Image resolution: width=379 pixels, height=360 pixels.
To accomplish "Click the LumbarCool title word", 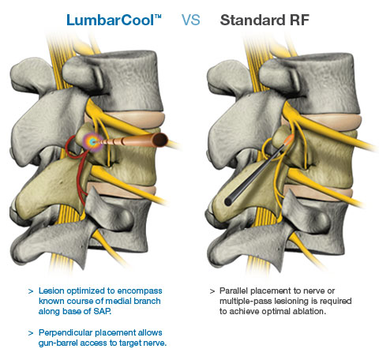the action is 111,21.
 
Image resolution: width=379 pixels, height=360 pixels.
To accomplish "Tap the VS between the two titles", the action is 191,21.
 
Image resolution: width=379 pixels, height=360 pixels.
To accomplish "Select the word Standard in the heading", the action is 253,21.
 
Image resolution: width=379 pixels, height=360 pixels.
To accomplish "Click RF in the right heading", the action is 299,21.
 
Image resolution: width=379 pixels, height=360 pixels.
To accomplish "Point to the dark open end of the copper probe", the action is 160,140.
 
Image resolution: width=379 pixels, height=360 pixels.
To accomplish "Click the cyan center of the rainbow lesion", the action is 92,142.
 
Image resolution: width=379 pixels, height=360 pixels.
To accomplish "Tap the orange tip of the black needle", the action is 289,140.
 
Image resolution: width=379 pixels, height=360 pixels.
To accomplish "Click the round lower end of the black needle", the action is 228,202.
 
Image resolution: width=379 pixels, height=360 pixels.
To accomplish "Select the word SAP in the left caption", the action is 102,311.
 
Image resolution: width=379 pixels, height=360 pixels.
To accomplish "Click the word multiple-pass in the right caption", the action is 246,302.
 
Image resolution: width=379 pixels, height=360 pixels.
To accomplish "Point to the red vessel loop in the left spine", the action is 77,168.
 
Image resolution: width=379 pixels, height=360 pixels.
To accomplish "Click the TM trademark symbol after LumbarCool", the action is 158,17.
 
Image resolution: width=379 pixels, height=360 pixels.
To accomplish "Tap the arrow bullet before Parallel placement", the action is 212,291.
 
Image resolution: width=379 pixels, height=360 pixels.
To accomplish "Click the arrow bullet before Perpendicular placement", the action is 31,333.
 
